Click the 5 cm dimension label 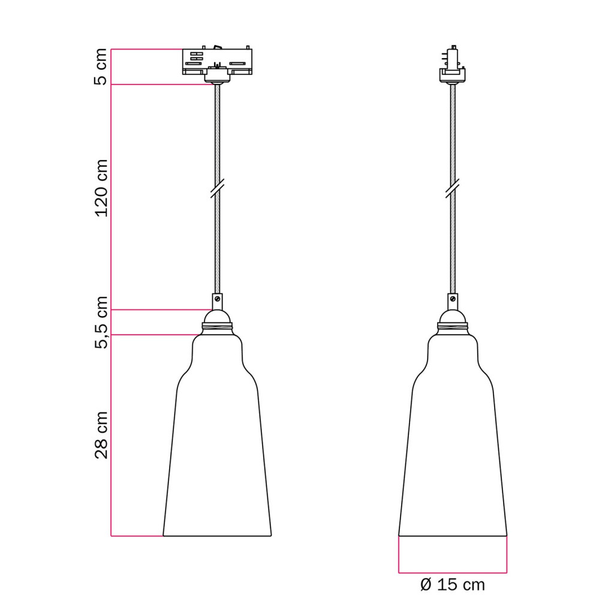[101, 67]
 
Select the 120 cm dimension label [101, 188]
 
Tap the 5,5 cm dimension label [101, 322]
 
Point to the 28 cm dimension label [101, 435]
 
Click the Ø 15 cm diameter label [452, 585]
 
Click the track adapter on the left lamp [217, 62]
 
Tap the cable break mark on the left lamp [217, 188]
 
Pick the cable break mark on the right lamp [453, 188]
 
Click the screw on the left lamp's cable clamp [217, 299]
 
